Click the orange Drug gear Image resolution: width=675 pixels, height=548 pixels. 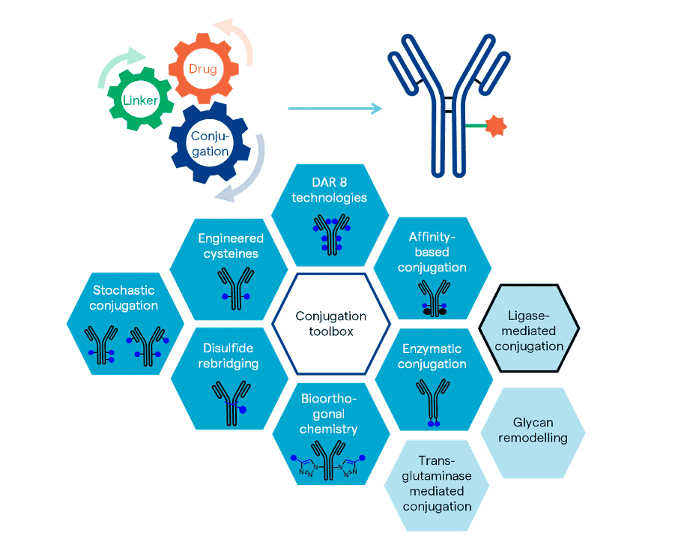(202, 69)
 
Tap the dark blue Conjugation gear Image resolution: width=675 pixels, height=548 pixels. (210, 143)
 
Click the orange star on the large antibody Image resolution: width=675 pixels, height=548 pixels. (495, 126)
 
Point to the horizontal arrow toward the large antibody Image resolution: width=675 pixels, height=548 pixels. (334, 109)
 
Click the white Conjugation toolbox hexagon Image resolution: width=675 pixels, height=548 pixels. (330, 324)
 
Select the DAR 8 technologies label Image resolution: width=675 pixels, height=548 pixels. (330, 190)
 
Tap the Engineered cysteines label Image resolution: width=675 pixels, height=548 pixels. (230, 246)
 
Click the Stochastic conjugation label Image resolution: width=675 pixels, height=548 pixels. (124, 298)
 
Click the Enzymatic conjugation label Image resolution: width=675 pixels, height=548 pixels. (432, 356)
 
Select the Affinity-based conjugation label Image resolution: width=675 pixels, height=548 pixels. (432, 252)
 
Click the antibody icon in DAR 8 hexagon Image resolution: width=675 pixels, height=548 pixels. (330, 232)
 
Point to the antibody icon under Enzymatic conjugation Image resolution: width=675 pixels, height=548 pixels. (433, 401)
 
